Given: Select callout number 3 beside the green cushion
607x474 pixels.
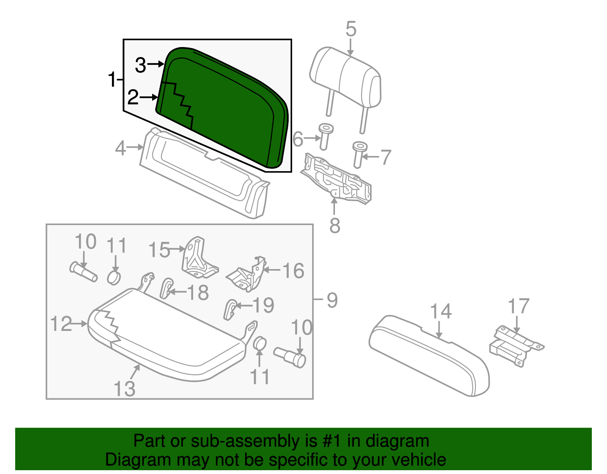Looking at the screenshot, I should [x=140, y=65].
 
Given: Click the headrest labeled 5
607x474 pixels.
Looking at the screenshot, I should [x=345, y=78].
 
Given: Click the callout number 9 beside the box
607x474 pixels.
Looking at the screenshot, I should [x=332, y=300].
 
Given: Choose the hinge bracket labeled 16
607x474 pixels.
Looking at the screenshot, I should [x=248, y=275].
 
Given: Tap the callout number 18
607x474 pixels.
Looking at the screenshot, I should [x=198, y=292].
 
